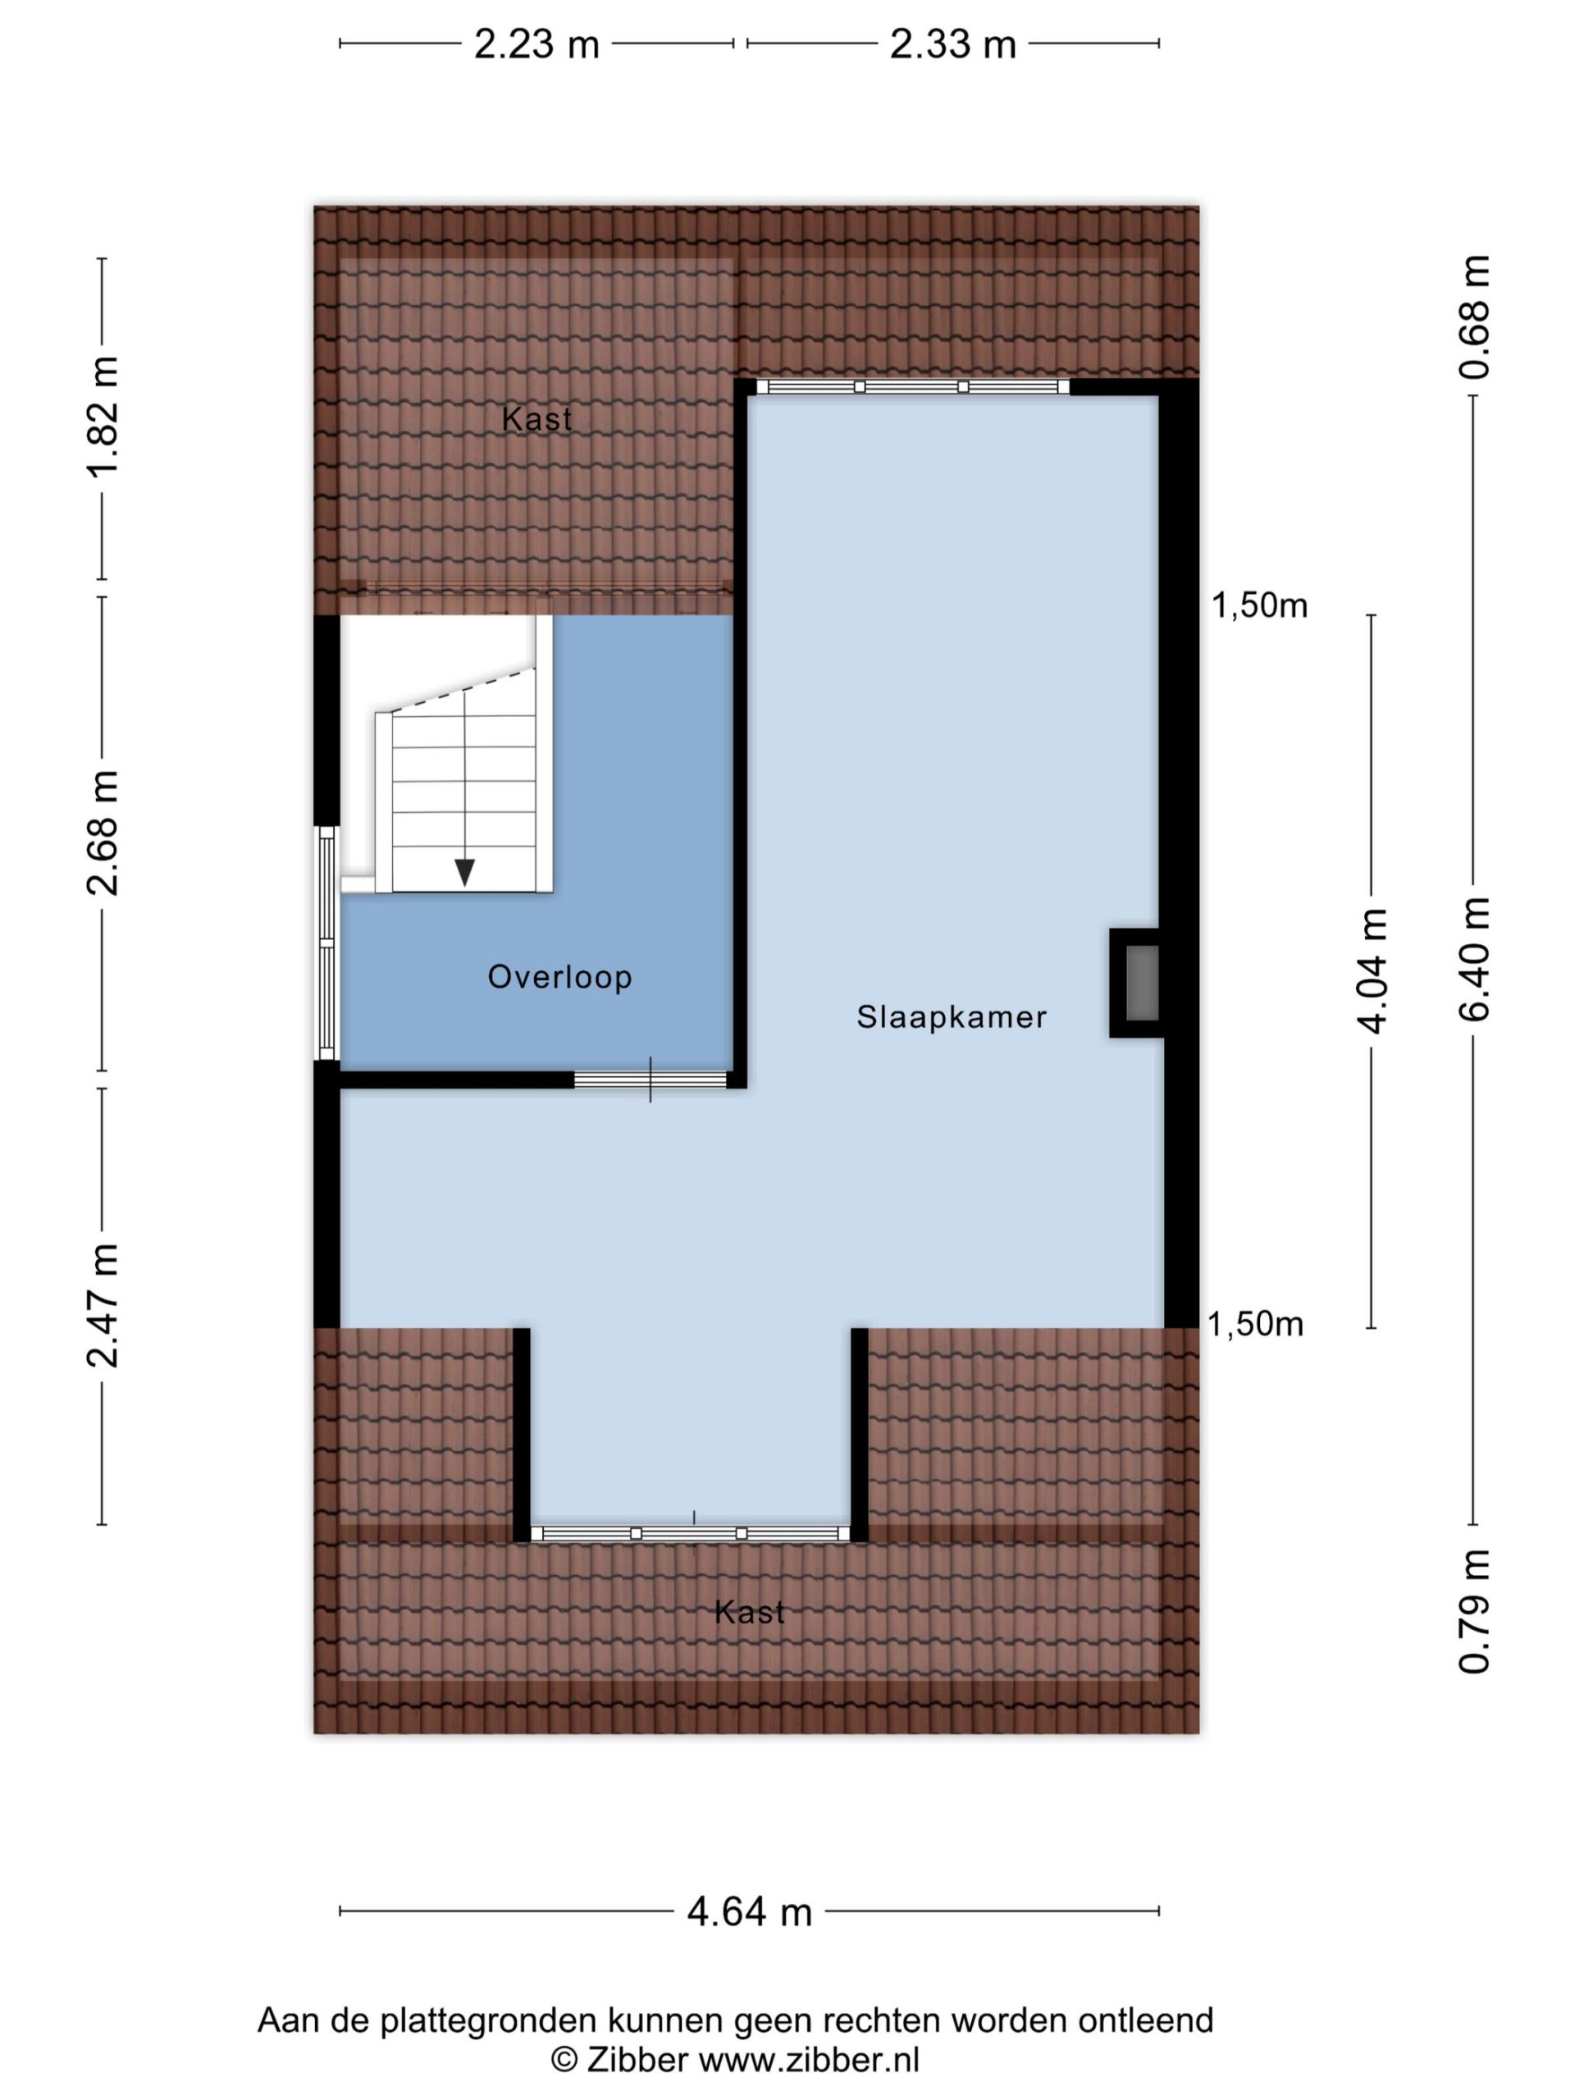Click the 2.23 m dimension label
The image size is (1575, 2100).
point(536,44)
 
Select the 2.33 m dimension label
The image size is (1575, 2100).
point(952,44)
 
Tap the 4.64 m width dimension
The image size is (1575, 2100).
point(749,1911)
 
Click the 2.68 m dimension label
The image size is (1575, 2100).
point(103,833)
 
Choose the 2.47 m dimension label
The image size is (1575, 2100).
point(103,1304)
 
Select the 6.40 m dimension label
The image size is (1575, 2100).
point(1474,959)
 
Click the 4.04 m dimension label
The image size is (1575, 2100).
point(1372,970)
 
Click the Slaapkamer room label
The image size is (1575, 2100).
point(952,1016)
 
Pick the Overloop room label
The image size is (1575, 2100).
point(560,977)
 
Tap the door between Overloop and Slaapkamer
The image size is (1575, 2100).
point(651,1080)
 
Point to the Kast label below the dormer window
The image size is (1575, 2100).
point(749,1612)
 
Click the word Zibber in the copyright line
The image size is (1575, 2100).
point(637,2059)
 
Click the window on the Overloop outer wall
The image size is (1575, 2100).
point(326,943)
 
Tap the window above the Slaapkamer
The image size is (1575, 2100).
point(912,386)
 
